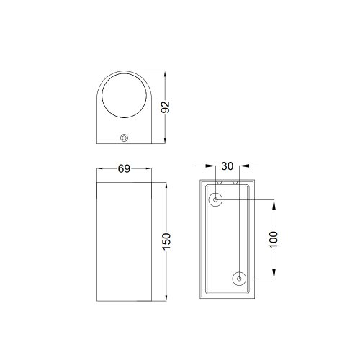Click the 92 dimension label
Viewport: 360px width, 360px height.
(x=165, y=107)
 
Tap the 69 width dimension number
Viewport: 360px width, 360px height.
(x=124, y=169)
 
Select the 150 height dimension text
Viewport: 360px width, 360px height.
(x=166, y=241)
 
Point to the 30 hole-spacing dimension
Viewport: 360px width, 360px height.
(x=227, y=166)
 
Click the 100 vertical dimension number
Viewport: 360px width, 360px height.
(x=274, y=240)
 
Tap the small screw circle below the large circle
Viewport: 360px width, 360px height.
(x=124, y=138)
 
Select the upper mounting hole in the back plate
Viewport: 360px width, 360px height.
(x=215, y=199)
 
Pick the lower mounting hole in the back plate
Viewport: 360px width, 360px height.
(x=239, y=279)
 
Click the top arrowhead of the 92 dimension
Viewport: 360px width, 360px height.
(x=165, y=75)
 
